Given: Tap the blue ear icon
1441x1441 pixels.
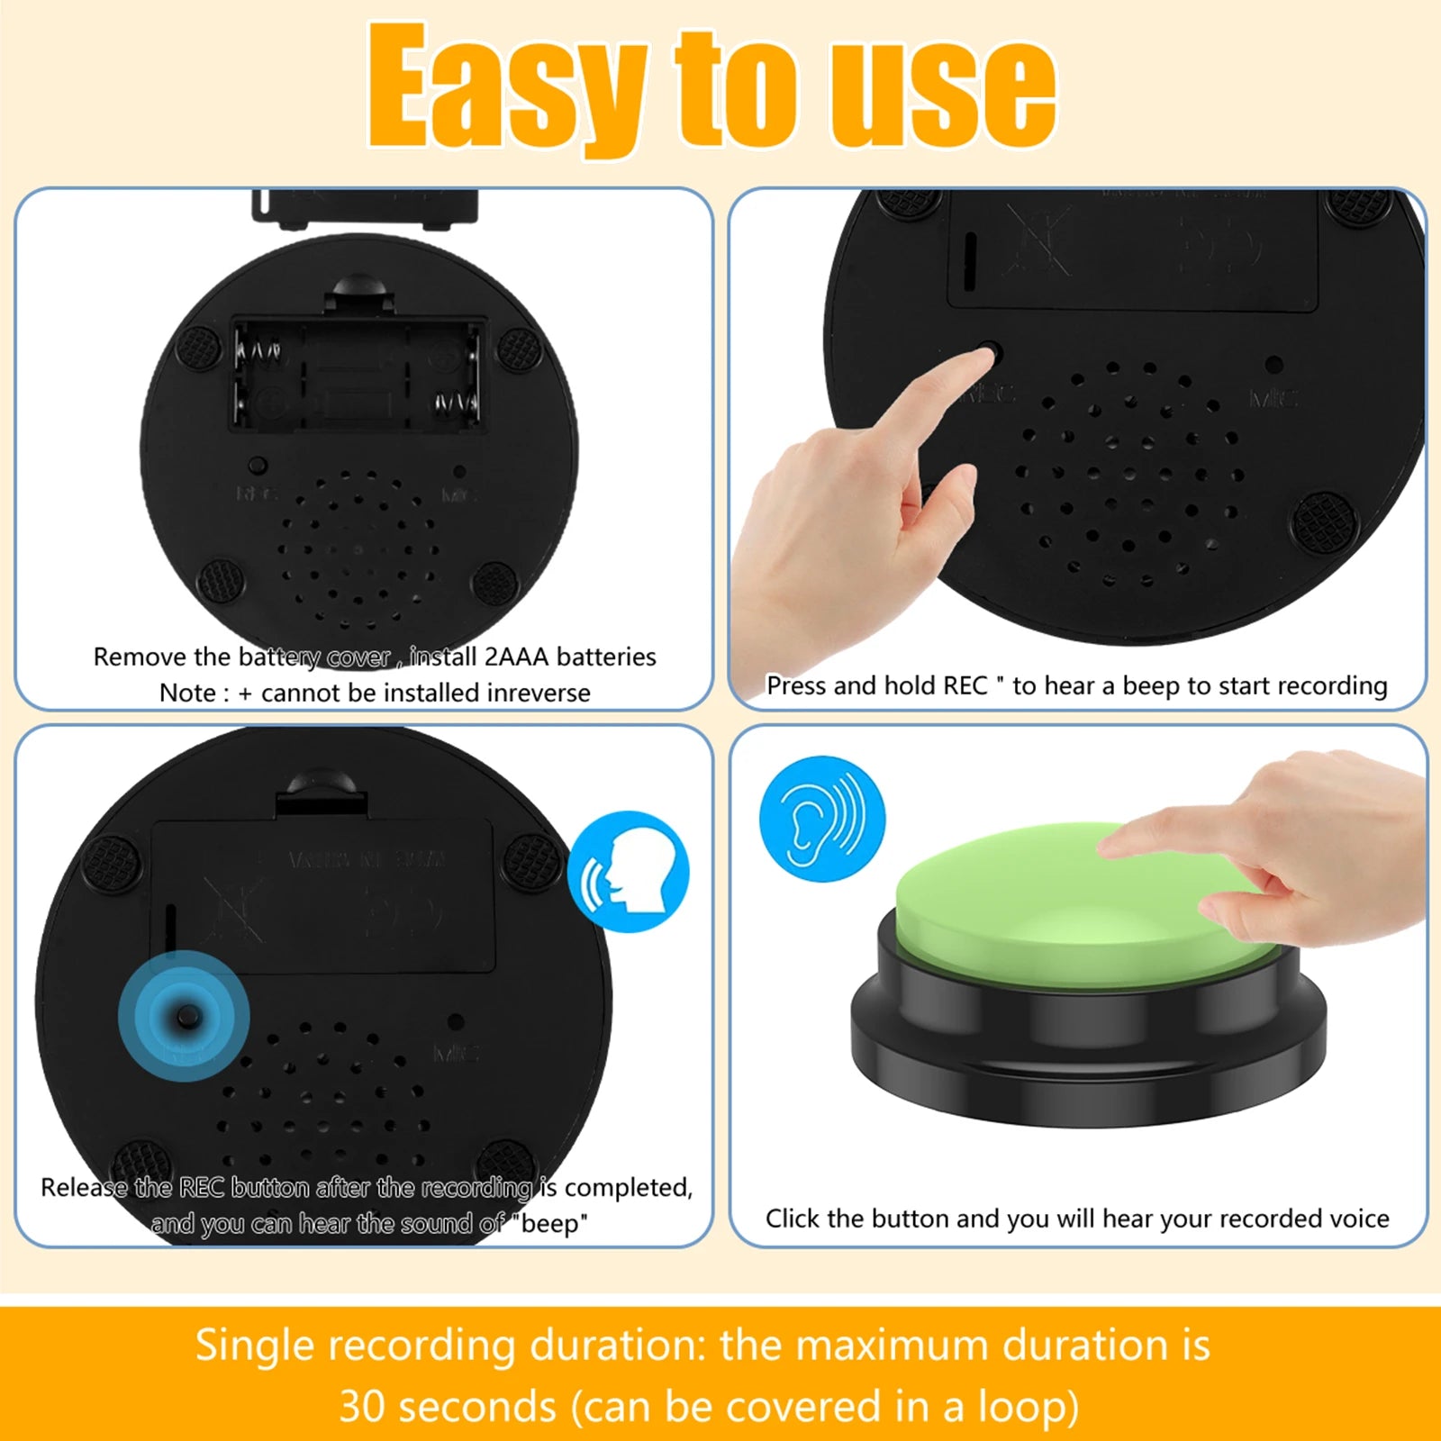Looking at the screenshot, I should pos(822,818).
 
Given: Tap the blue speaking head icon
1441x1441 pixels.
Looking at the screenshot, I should pos(629,872).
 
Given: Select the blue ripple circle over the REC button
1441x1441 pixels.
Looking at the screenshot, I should pos(184,1016).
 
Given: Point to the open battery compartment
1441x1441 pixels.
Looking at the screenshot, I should pos(358,375).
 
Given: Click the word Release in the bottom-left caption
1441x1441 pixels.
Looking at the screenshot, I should pos(85,1187).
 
